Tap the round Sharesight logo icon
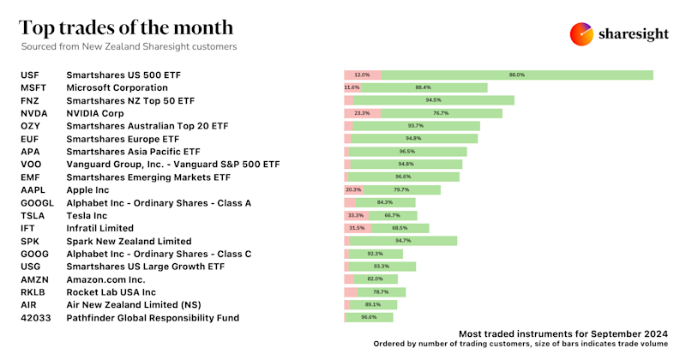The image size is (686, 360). (x=582, y=34)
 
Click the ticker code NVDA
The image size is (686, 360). (x=34, y=113)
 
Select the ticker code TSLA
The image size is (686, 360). (x=33, y=216)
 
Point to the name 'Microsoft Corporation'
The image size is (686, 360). (x=117, y=87)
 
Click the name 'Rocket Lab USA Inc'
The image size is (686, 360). (x=111, y=292)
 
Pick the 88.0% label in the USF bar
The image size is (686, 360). (x=516, y=75)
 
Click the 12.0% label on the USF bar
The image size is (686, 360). (x=362, y=75)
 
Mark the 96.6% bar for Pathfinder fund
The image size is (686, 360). (x=370, y=318)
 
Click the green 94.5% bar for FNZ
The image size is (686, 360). (x=434, y=100)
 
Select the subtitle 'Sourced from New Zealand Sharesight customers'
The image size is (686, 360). (x=129, y=46)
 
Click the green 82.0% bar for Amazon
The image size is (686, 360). (x=376, y=279)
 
